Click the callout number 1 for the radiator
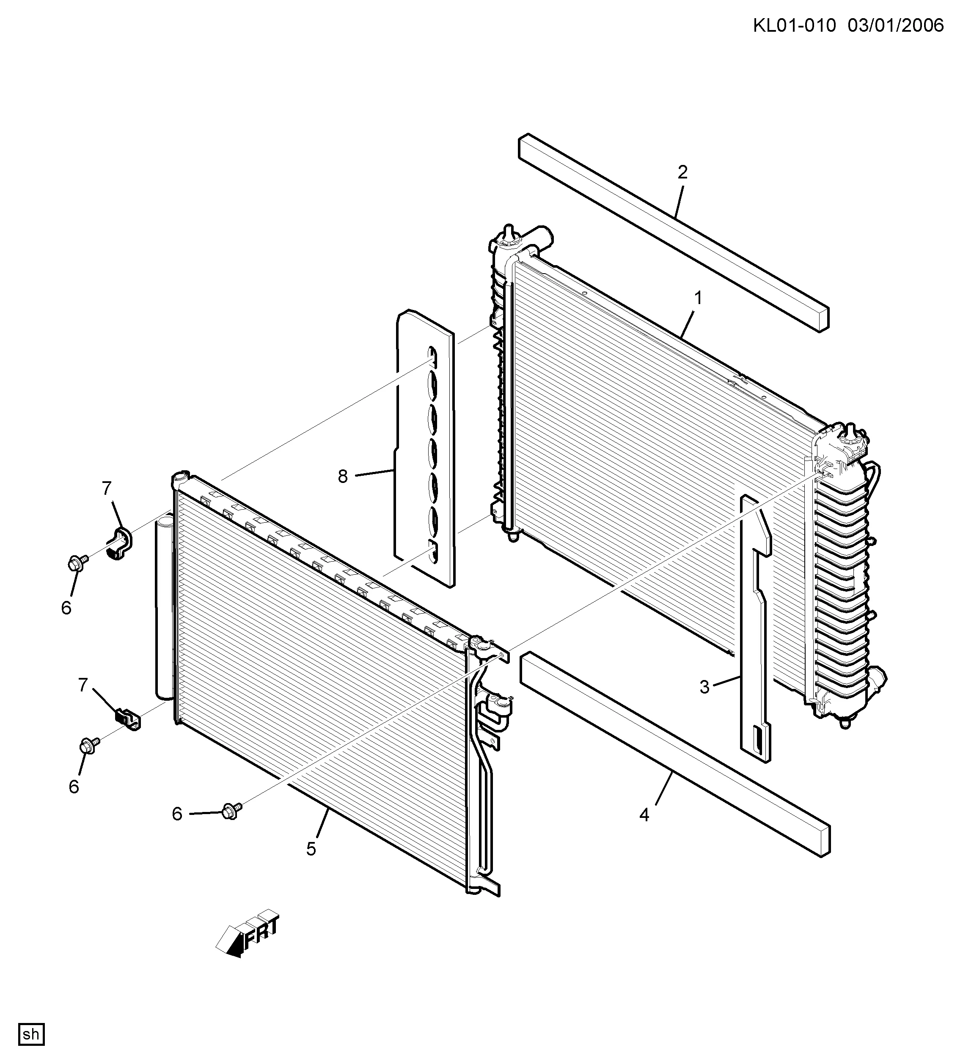coord(698,299)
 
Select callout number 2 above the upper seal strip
coord(682,172)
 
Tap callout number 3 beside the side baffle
coord(704,687)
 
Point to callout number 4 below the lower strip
coord(644,815)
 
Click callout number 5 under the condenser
coord(311,849)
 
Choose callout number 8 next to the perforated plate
coord(343,477)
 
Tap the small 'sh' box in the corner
coord(31,1034)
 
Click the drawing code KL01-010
coord(794,25)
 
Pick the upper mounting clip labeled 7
coord(121,543)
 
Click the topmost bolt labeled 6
coord(77,562)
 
